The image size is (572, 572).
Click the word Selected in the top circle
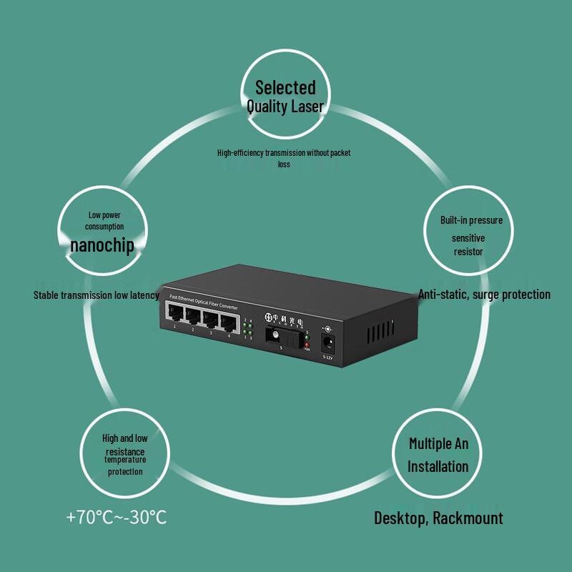pos(285,88)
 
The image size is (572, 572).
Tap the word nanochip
pos(102,245)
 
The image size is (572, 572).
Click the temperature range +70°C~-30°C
pos(117,517)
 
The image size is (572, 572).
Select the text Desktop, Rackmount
pos(438,518)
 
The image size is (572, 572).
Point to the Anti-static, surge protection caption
pos(484,294)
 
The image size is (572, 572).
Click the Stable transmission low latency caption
pos(96,295)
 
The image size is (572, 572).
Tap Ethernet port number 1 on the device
pos(174,312)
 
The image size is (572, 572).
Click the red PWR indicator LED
pos(307,346)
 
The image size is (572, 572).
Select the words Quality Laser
pos(285,107)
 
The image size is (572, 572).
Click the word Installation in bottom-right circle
pos(438,466)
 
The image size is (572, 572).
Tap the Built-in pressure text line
pos(471,220)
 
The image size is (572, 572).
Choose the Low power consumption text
pos(105,220)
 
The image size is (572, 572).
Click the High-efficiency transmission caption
pos(284,153)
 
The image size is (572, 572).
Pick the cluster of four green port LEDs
pos(247,330)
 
